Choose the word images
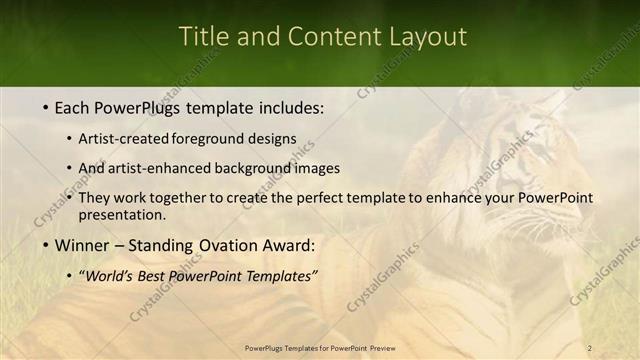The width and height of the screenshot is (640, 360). click(314, 168)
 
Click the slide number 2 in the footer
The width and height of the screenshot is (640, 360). click(589, 348)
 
